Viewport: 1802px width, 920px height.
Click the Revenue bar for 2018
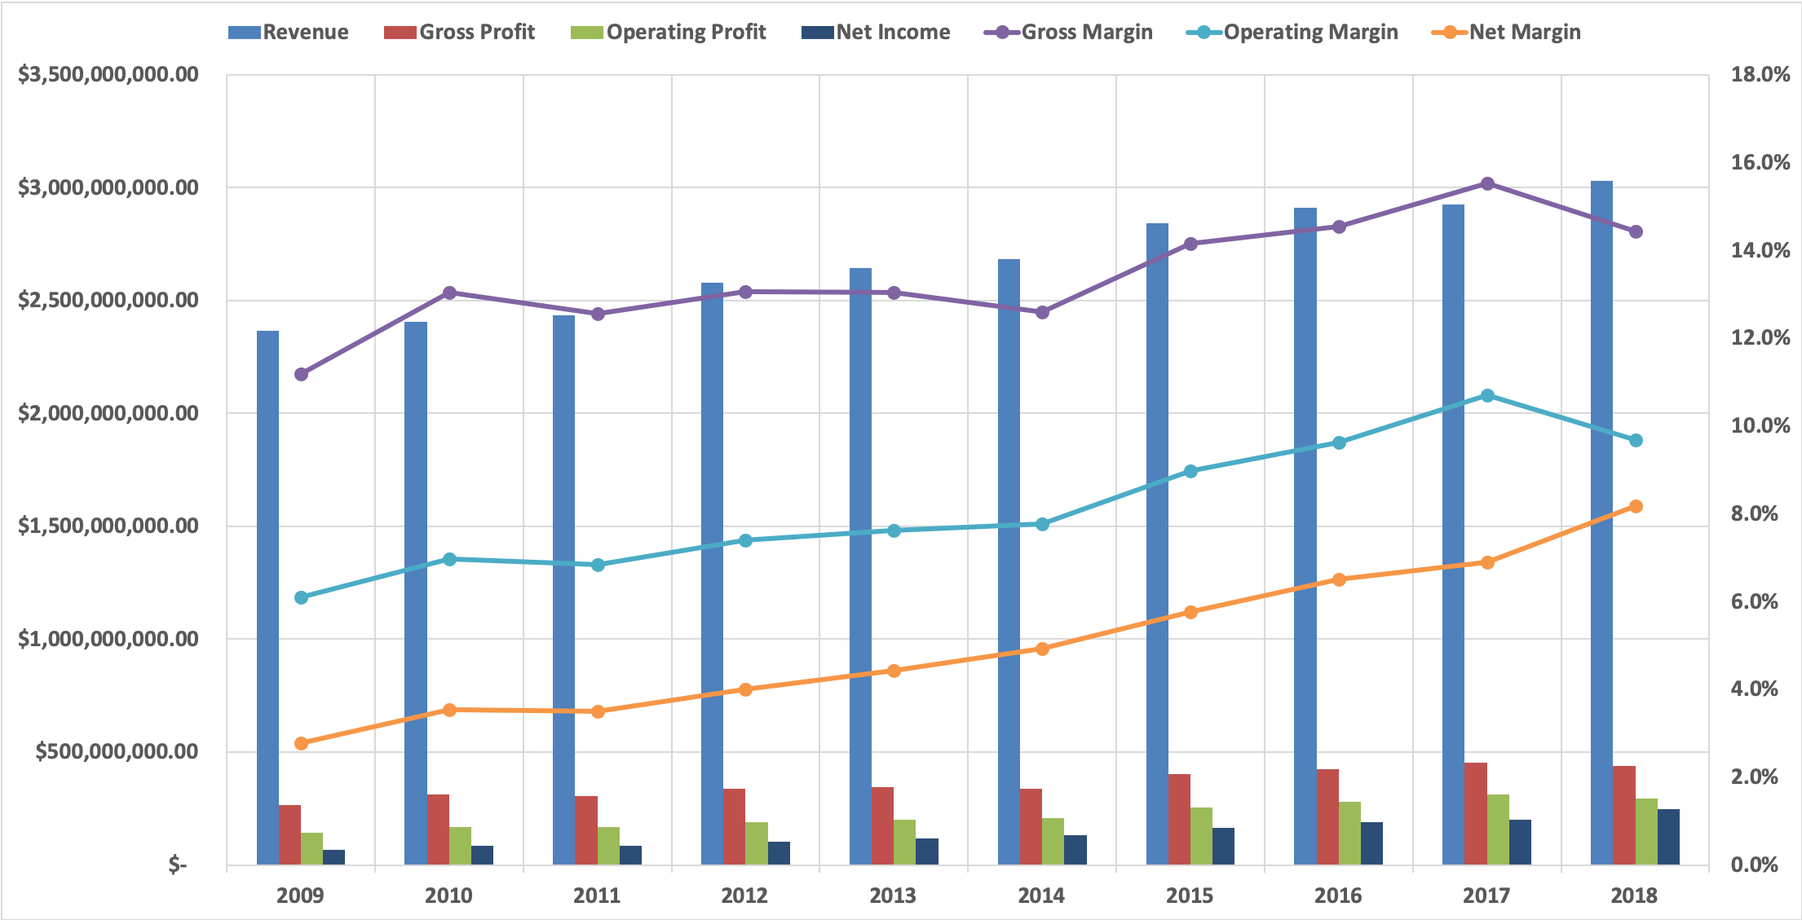pyautogui.click(x=1601, y=522)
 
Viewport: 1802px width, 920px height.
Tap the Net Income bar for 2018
pyautogui.click(x=1668, y=837)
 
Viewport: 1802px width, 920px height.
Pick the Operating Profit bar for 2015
pyautogui.click(x=1201, y=836)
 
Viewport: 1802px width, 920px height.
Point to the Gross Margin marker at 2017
pyautogui.click(x=1487, y=183)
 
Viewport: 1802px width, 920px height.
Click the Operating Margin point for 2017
pyautogui.click(x=1487, y=395)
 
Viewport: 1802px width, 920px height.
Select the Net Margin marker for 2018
pyautogui.click(x=1636, y=506)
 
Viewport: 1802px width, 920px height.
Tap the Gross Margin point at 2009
pyautogui.click(x=301, y=374)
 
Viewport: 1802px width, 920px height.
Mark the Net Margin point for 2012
pyautogui.click(x=745, y=689)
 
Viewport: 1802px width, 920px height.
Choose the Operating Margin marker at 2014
pyautogui.click(x=1042, y=524)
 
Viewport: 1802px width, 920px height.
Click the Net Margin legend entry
pyautogui.click(x=1507, y=32)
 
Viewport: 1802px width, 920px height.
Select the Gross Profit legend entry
pyautogui.click(x=460, y=32)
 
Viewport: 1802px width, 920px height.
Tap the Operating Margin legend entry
pyautogui.click(x=1292, y=32)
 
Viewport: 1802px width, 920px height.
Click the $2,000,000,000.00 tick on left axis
pyautogui.click(x=108, y=413)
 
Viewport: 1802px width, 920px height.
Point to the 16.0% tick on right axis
pyautogui.click(x=1760, y=162)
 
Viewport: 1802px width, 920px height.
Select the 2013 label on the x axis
pyautogui.click(x=893, y=896)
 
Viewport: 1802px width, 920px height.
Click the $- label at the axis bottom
pyautogui.click(x=178, y=865)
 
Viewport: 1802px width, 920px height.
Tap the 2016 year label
pyautogui.click(x=1338, y=896)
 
